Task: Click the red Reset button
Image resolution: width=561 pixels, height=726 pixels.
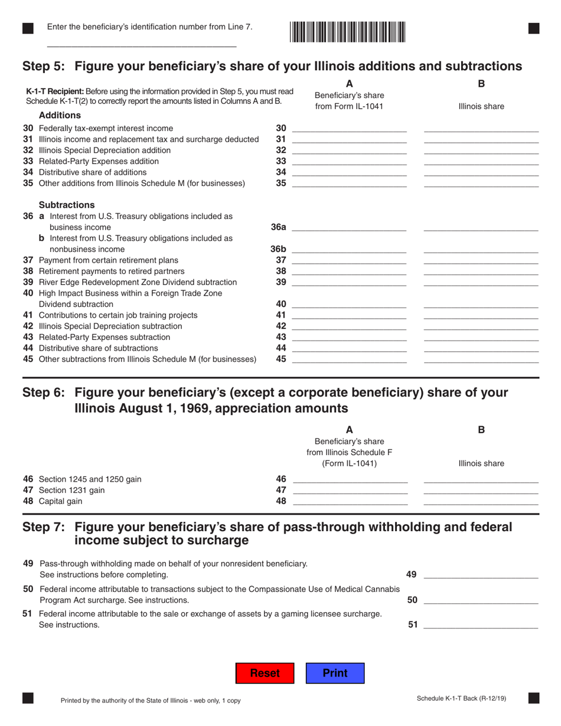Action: pyautogui.click(x=265, y=673)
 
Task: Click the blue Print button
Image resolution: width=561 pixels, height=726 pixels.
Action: pyautogui.click(x=335, y=673)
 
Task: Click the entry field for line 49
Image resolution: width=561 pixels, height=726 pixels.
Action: pyautogui.click(x=481, y=573)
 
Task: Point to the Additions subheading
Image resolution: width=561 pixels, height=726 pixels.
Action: pyautogui.click(x=60, y=115)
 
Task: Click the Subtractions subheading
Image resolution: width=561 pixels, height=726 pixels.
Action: pyautogui.click(x=66, y=205)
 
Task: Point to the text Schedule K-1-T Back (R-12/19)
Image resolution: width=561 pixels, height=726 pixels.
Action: pyautogui.click(x=461, y=699)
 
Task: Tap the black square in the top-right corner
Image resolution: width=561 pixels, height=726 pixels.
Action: pyautogui.click(x=533, y=28)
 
